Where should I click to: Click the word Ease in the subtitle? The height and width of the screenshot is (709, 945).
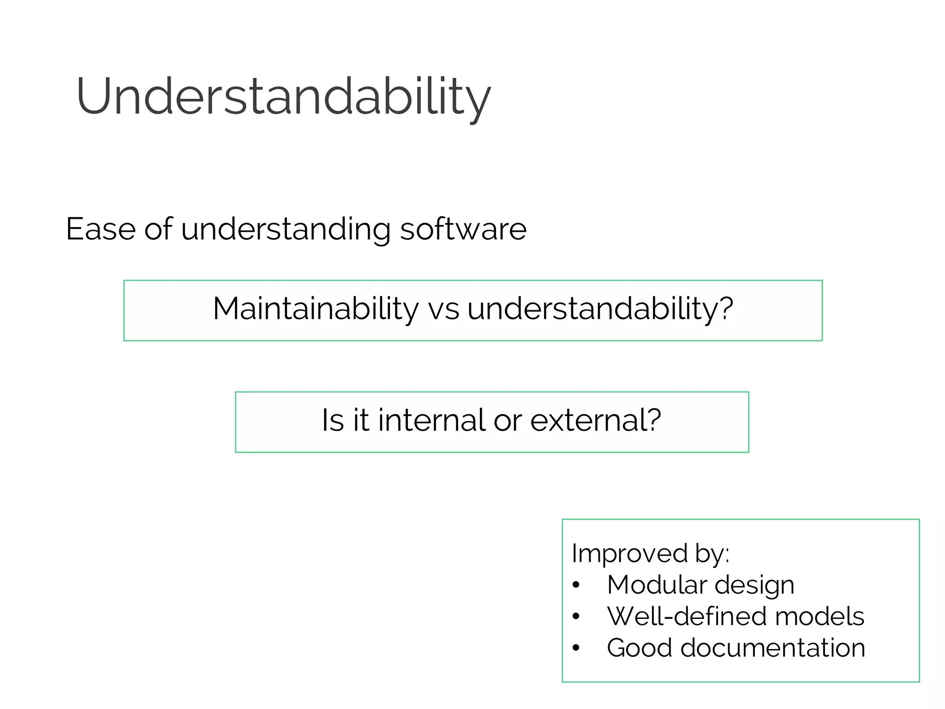point(101,229)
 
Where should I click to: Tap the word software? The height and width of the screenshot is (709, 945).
point(463,229)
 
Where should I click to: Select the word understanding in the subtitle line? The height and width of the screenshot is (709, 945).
point(286,230)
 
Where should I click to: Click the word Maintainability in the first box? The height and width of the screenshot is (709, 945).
point(316,308)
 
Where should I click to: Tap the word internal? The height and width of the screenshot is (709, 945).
point(431,420)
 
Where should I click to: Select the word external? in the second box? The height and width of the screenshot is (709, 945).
point(595,420)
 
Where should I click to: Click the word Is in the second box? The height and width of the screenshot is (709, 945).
point(333,420)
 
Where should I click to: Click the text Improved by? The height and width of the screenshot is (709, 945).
point(650,553)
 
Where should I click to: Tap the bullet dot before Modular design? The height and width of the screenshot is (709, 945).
point(575,585)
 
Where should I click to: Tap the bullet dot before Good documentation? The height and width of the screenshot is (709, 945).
point(575,648)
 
